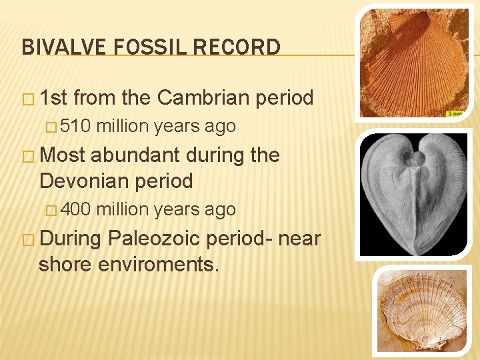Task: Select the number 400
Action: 79,209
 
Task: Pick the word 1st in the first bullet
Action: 54,98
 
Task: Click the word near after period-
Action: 297,238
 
